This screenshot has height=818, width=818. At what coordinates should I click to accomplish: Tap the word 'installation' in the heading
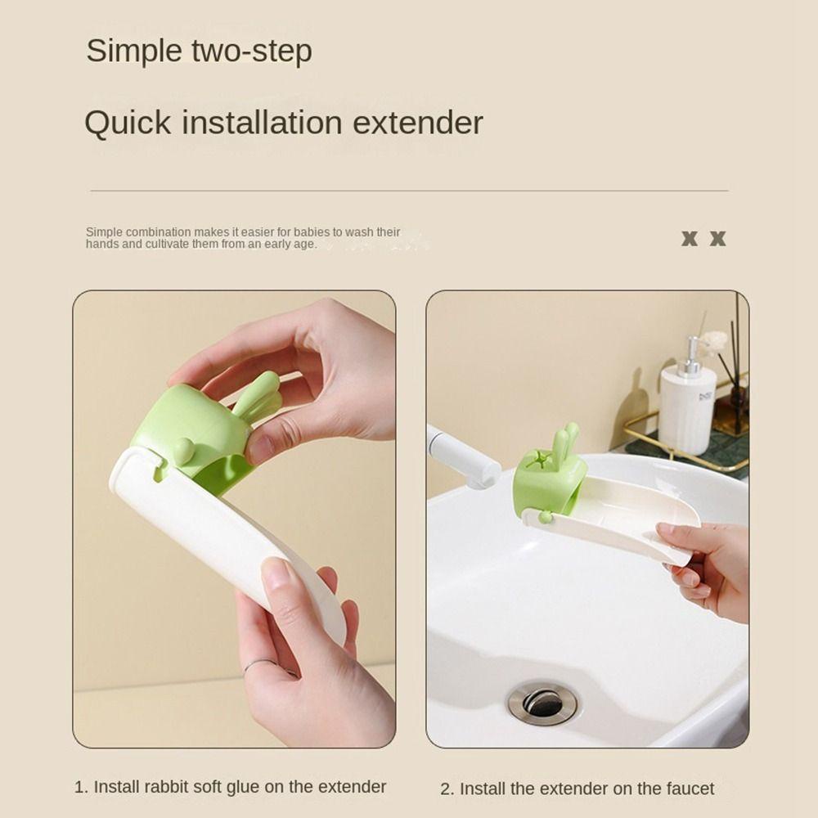coord(262,123)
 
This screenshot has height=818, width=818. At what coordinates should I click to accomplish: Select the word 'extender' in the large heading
coord(418,124)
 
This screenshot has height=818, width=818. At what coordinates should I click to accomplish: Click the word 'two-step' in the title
coord(252,52)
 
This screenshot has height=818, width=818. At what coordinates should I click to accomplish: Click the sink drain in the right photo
coord(543,702)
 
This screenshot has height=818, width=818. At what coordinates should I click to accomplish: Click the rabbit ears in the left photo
coord(257,397)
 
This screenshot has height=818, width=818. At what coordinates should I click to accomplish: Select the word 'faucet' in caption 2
coord(690,789)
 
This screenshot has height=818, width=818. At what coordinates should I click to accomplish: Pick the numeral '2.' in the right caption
coord(447,789)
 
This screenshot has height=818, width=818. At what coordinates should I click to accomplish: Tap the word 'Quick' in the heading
coord(128,124)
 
